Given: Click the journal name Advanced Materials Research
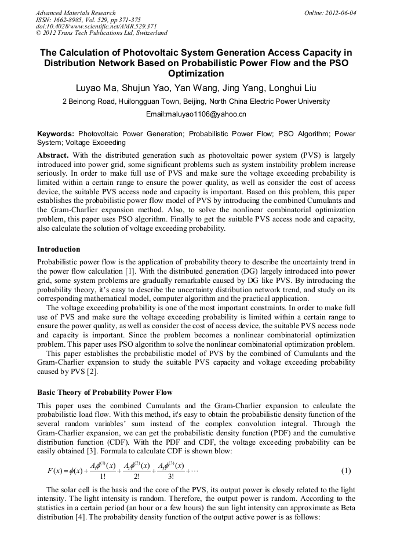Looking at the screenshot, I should click(x=76, y=13).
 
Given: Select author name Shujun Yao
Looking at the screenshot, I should click(x=148, y=88).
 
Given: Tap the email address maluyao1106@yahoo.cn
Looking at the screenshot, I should click(x=196, y=114).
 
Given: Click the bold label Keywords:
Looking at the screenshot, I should click(x=56, y=133).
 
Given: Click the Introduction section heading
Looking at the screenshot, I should click(x=59, y=249).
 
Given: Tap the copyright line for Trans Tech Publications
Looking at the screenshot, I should click(x=101, y=33).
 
